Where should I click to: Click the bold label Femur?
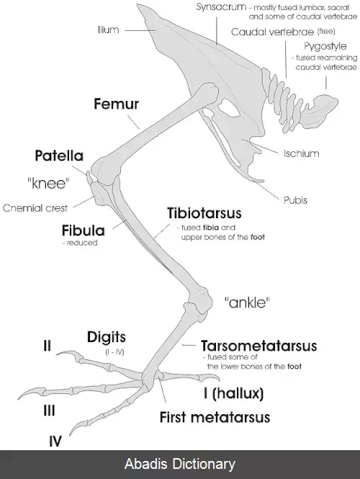coord(117,104)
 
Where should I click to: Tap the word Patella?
coord(59,156)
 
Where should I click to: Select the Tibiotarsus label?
coord(204,213)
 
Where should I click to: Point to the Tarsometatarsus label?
coord(259,346)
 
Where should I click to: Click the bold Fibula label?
coord(83,230)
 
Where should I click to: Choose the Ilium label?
coord(109,30)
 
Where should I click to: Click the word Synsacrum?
coord(221,7)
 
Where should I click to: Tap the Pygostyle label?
coord(325,46)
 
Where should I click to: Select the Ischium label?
coord(302,153)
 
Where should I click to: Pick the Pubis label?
coord(296,200)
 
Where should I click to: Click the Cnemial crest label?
coord(35,208)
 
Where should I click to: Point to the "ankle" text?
coord(248,303)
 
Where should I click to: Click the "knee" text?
coord(48,184)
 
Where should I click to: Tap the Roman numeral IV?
coord(55,442)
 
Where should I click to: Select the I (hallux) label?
coord(233,393)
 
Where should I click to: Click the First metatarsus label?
coord(215,417)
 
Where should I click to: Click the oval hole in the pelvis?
coord(229,108)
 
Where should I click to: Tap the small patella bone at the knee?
coord(89,178)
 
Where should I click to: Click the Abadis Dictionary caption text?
coord(180,464)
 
